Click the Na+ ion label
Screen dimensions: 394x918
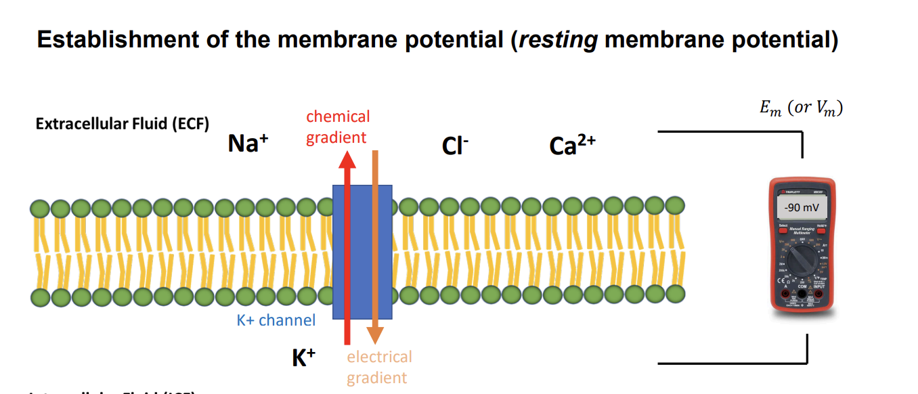tap(248, 144)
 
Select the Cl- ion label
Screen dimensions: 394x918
tap(455, 146)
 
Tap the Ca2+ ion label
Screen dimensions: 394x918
tap(572, 146)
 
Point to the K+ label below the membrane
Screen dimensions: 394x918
tap(304, 358)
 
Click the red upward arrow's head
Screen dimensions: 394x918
tap(347, 160)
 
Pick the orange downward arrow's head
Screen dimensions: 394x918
tap(375, 336)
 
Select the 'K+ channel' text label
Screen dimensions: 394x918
tap(276, 320)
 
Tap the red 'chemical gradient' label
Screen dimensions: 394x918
tap(338, 127)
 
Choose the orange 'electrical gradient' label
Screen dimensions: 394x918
tap(379, 367)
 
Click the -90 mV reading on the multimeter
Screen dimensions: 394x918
tap(802, 207)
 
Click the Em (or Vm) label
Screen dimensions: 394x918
tap(802, 108)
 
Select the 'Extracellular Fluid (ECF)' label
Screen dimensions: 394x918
tap(123, 125)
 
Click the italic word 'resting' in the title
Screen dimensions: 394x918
tap(558, 40)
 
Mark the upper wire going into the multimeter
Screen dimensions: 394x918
tap(731, 133)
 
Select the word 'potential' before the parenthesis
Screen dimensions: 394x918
tap(453, 40)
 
